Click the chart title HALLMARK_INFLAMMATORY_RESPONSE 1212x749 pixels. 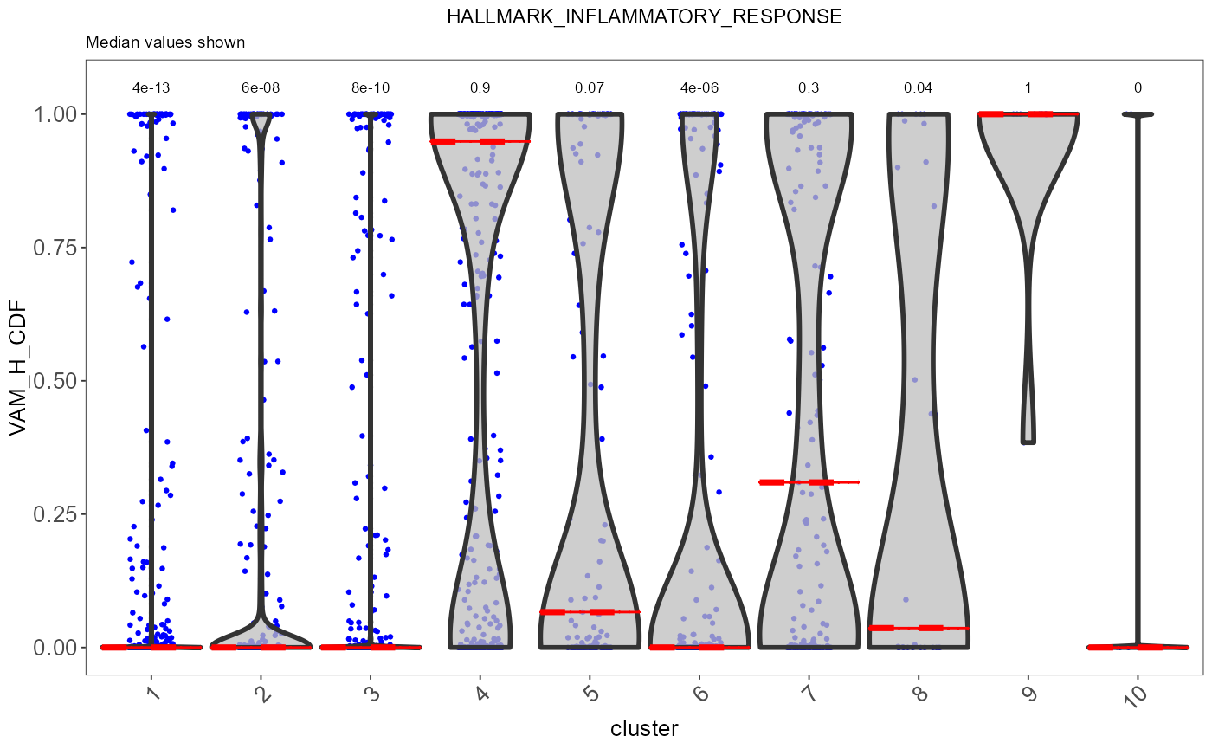point(644,16)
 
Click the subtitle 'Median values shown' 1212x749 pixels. point(165,42)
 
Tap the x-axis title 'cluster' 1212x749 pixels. point(644,728)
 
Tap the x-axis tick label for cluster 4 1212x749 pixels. point(481,693)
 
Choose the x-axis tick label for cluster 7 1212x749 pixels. point(810,693)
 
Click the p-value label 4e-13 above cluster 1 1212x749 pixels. point(151,87)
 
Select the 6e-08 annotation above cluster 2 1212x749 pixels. point(261,87)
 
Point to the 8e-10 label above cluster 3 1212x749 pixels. point(371,87)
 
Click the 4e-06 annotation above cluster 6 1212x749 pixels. point(699,87)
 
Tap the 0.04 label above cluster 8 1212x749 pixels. point(919,87)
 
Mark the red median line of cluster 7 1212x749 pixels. point(809,482)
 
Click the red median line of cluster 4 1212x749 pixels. point(480,141)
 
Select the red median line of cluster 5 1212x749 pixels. point(590,612)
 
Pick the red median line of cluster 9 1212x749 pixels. point(1028,114)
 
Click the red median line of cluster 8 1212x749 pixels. point(919,628)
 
